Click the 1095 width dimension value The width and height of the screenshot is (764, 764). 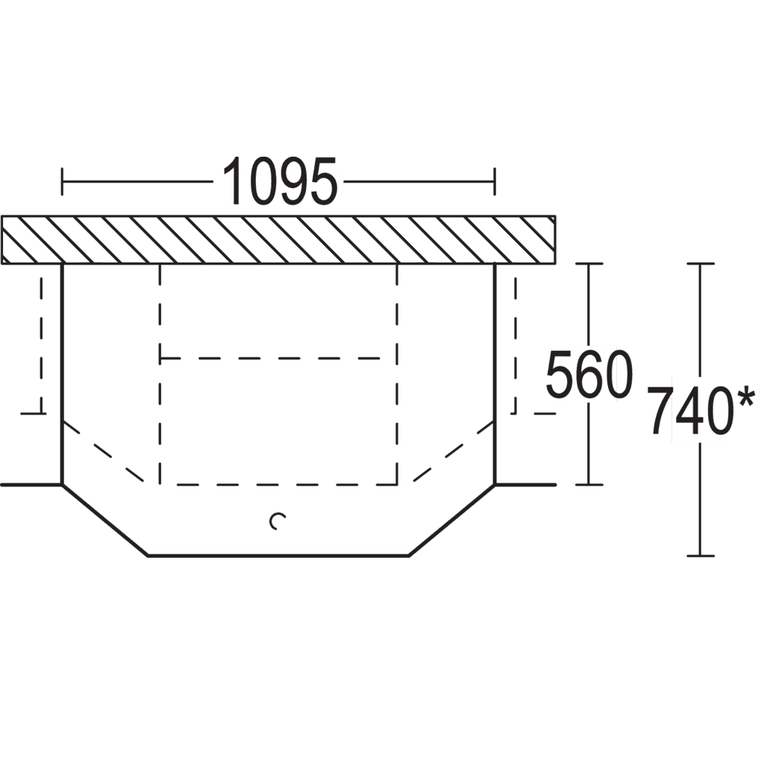(x=280, y=181)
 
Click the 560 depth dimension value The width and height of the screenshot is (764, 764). (x=589, y=375)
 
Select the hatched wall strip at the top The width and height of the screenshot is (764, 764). (x=278, y=239)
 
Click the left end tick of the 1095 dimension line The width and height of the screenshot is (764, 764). (x=62, y=181)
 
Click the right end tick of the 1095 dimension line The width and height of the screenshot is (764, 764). (x=495, y=181)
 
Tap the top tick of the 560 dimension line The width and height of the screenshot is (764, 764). (x=589, y=263)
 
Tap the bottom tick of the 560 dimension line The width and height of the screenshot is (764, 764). (x=589, y=485)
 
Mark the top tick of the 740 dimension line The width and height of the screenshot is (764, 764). (x=701, y=263)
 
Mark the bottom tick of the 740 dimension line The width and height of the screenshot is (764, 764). (x=701, y=555)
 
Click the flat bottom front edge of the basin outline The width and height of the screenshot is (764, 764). (x=278, y=555)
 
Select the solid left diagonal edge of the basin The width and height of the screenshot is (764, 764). (x=104, y=520)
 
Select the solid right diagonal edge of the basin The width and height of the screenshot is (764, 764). (x=451, y=520)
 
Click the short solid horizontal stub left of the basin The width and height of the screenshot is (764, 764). (x=31, y=485)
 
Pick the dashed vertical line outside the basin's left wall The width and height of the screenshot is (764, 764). (x=42, y=344)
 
